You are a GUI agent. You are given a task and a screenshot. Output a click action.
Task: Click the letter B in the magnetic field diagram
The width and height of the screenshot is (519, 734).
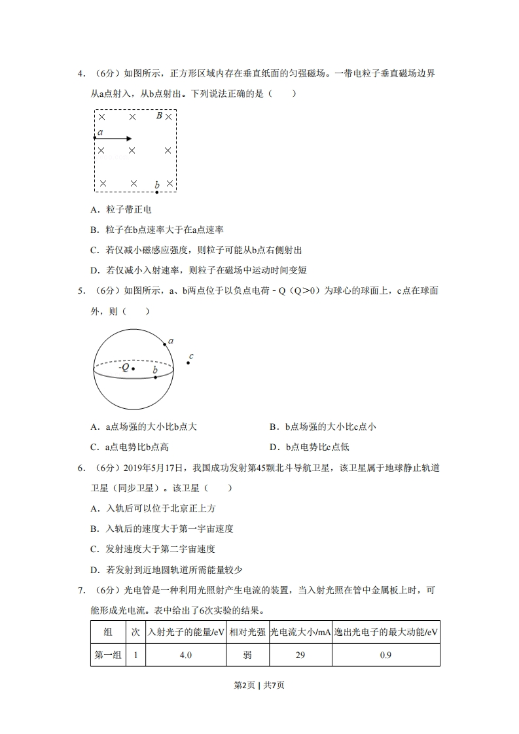159,116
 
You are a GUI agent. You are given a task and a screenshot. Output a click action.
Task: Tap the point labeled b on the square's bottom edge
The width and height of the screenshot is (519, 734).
157,192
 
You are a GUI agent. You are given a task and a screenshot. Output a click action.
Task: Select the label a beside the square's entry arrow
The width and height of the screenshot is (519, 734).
99,132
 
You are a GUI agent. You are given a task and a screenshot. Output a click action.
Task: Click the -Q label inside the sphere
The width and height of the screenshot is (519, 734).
123,368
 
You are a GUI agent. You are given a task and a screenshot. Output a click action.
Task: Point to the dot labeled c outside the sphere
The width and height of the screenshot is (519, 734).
188,362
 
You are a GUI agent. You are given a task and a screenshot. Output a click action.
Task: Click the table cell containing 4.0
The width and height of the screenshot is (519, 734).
185,655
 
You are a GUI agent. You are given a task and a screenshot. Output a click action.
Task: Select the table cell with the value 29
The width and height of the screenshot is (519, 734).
300,655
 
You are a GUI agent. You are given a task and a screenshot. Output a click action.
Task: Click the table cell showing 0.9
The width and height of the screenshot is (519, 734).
385,655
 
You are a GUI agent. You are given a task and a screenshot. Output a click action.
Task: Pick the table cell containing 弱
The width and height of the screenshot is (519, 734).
247,655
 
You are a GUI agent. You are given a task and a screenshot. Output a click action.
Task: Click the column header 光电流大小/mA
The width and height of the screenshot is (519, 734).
300,632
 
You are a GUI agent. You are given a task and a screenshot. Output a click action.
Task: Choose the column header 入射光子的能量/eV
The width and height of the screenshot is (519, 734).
185,632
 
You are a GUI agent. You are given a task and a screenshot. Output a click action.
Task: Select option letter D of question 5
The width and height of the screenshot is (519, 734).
273,447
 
